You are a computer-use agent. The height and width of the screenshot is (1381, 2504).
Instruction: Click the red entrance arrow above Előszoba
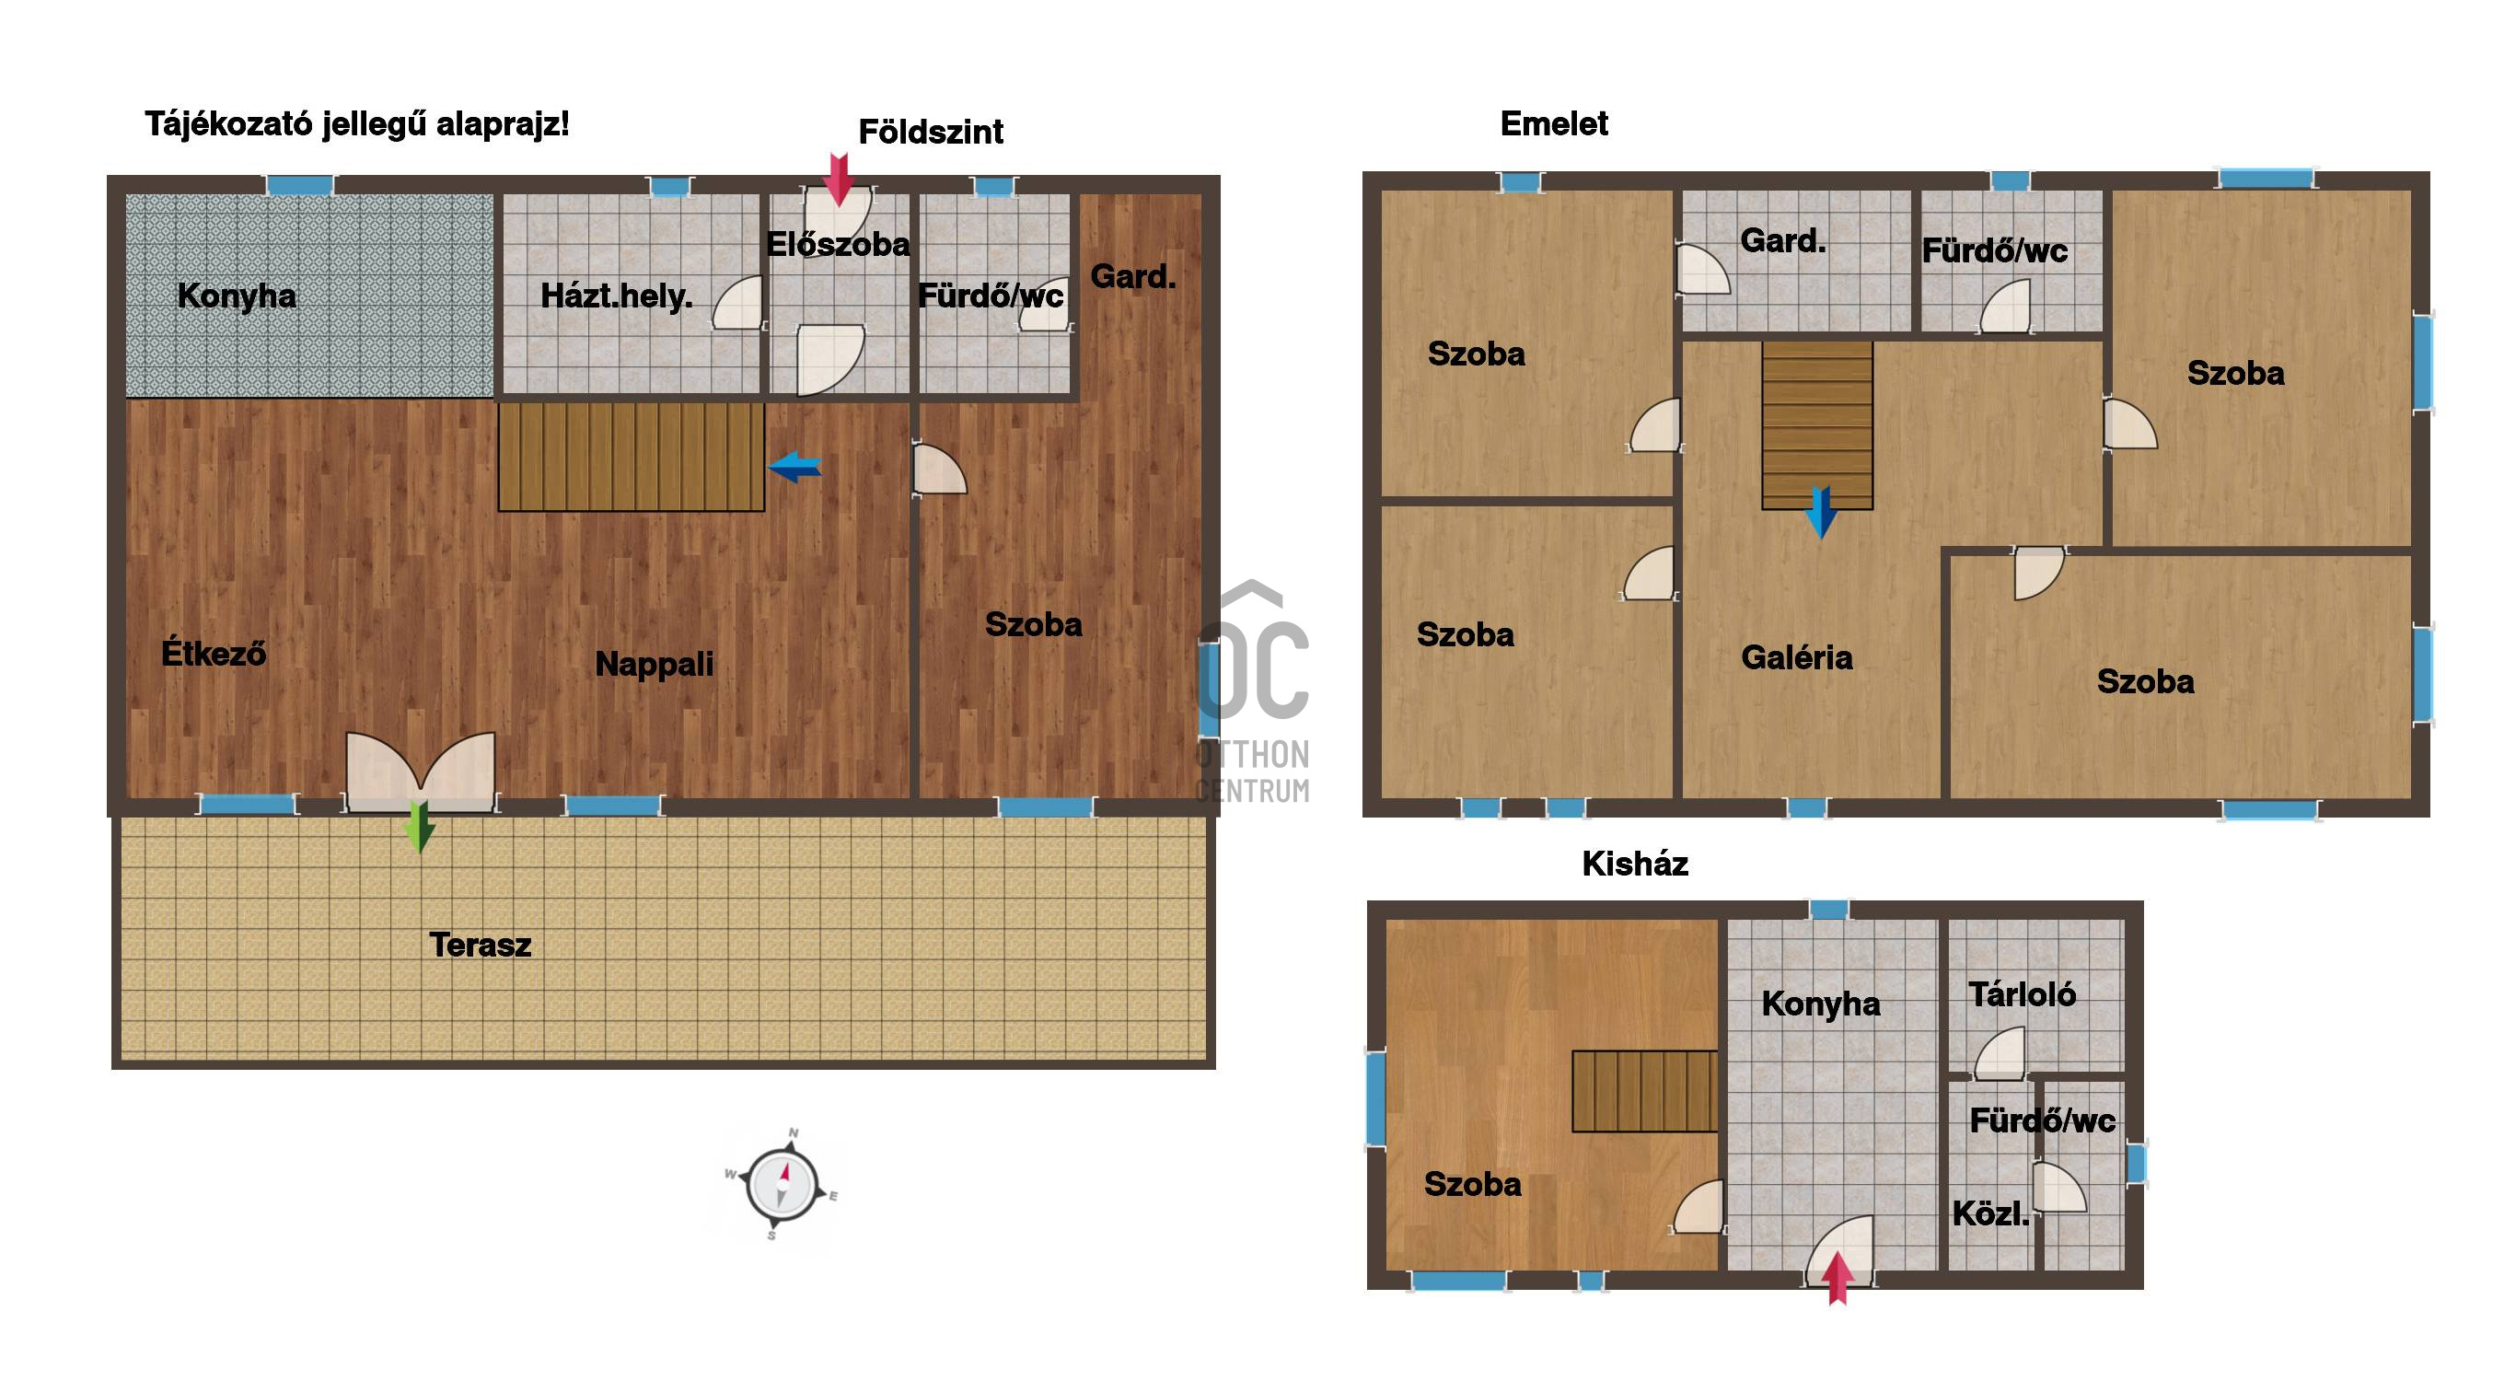coord(838,179)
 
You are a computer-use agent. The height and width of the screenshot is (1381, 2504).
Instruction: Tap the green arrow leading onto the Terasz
coord(419,826)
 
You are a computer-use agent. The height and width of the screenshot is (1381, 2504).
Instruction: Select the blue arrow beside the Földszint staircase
coord(795,468)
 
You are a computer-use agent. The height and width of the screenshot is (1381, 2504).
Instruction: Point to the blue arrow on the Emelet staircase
coord(1820,511)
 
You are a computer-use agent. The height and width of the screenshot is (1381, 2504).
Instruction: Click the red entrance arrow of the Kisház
coord(1837,1278)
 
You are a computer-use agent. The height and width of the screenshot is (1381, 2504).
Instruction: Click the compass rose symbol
coord(782,1185)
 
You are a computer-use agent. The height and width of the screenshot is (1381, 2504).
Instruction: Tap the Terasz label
coord(481,945)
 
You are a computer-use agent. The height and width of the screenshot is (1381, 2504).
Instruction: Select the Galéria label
coord(1796,658)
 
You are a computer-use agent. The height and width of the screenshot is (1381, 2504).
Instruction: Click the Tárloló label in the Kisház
coord(2022,993)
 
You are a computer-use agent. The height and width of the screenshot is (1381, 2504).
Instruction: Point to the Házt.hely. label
coord(616,296)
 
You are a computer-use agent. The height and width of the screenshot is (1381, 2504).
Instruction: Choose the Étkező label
coord(213,652)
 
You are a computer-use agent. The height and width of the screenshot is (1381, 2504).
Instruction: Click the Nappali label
coord(655,665)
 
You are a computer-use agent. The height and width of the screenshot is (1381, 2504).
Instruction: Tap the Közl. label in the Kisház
coord(1990,1213)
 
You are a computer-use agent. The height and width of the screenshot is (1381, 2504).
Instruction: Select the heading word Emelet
coord(1554,123)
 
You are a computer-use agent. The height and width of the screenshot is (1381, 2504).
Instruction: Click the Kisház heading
coord(1635,864)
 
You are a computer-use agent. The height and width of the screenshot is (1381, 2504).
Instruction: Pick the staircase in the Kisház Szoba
coord(1645,1090)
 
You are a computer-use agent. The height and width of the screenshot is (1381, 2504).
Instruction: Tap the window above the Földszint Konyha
coord(300,185)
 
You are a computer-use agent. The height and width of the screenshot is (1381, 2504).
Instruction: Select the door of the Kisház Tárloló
coord(1999,1052)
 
